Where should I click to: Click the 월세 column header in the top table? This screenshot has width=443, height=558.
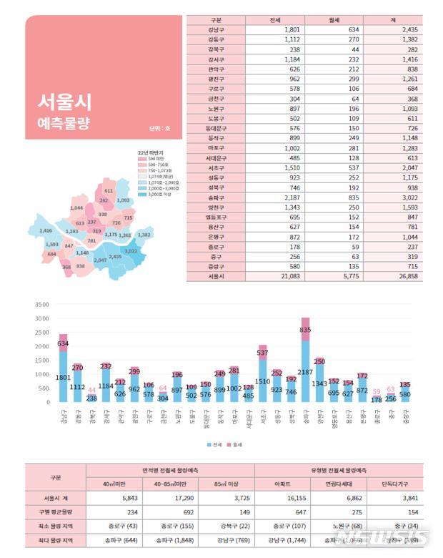click(x=334, y=20)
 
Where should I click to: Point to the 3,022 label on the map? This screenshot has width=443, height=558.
click(x=131, y=251)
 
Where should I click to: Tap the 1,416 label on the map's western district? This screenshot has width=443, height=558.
click(x=46, y=231)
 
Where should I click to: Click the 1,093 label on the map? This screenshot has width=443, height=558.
click(x=123, y=200)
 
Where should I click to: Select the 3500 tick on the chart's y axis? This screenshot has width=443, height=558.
click(x=41, y=305)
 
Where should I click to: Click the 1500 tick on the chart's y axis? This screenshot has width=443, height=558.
click(x=41, y=361)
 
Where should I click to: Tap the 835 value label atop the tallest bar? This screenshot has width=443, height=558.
click(x=305, y=330)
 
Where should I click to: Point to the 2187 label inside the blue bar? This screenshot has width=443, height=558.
click(x=305, y=371)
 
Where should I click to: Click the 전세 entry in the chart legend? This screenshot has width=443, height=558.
click(x=215, y=444)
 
